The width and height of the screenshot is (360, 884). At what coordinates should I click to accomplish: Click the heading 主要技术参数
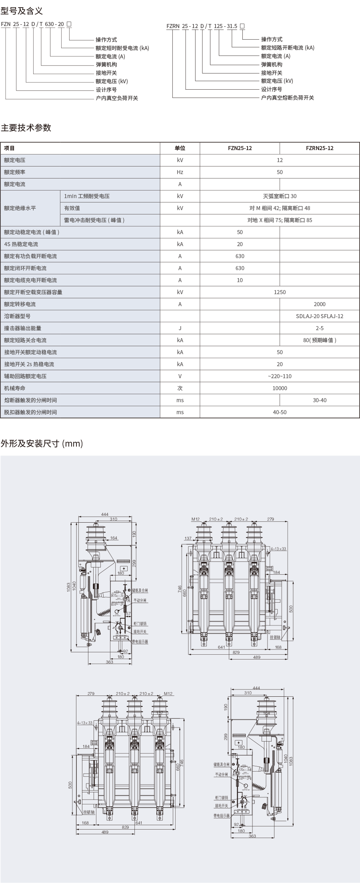coord(26,128)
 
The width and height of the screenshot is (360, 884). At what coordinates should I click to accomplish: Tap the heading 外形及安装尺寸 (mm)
coord(42,443)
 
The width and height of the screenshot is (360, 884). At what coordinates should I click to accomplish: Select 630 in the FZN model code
coord(49,24)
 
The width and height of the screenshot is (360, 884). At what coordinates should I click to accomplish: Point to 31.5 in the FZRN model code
coord(231,26)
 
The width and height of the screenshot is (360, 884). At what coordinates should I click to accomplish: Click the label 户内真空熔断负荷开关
coord(287,98)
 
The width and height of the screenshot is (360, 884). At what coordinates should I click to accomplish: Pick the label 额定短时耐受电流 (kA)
coord(122,48)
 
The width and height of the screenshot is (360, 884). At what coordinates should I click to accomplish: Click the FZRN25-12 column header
coord(319,148)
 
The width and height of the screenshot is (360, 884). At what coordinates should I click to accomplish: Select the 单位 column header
coord(180,148)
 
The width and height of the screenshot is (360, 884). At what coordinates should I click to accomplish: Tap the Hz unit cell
coord(180,172)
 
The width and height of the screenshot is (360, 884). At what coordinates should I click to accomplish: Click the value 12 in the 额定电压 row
coord(280,160)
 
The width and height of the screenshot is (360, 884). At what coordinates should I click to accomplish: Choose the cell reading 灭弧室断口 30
coord(280,196)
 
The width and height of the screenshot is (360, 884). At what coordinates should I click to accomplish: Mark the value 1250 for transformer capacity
coord(280,292)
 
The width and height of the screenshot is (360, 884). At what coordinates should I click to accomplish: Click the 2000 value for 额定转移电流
coord(319,304)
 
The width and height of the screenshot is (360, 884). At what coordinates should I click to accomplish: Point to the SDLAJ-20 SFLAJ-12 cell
coord(319,316)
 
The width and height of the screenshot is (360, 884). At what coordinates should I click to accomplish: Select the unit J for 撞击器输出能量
coord(180,328)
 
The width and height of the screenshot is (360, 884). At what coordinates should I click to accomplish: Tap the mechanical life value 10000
coord(280,388)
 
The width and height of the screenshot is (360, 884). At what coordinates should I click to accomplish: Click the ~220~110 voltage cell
coord(280,376)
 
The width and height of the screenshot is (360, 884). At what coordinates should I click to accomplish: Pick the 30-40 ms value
coord(319,400)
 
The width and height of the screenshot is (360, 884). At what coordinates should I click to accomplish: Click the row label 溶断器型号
coord(17,316)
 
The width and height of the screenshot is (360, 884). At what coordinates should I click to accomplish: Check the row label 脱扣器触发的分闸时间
coord(30,412)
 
